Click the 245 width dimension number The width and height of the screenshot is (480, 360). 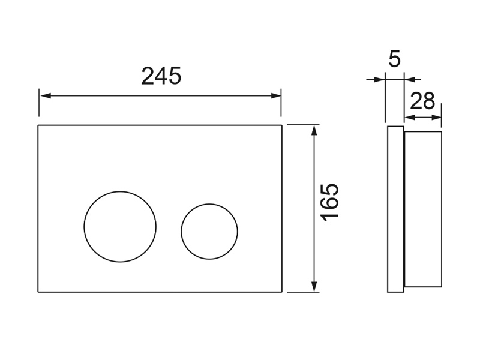coord(161,76)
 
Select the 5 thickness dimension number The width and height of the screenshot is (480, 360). coord(395,59)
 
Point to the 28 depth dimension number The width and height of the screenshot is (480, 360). coord(422,101)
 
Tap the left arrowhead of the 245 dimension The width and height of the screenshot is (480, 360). coord(46,96)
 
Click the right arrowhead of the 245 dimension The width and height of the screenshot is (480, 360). coord(275,96)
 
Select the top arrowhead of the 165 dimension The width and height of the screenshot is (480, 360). coord(314,130)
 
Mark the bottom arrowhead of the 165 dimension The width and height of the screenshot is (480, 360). coord(314,287)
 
